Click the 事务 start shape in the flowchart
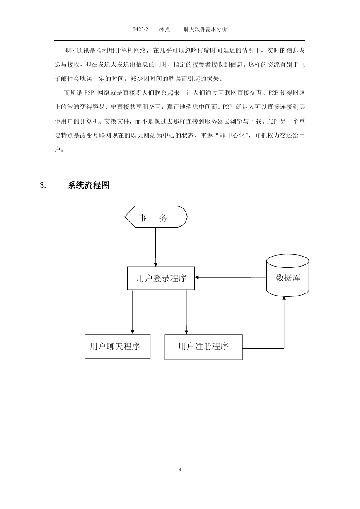click(x=156, y=217)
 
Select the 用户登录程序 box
click(x=161, y=278)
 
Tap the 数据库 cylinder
click(x=288, y=275)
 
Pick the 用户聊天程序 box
click(x=117, y=346)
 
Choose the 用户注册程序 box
click(x=203, y=347)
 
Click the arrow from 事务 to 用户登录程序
click(x=156, y=247)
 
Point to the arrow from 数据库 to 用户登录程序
click(x=230, y=277)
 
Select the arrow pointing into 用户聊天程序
click(x=133, y=312)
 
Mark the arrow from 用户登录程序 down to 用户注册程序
click(x=186, y=312)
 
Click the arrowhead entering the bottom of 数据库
click(x=284, y=298)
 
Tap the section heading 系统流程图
click(x=88, y=185)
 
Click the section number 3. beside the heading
click(x=43, y=185)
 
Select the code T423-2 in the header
click(x=140, y=29)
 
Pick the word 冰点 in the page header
click(x=164, y=29)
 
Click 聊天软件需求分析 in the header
click(x=205, y=29)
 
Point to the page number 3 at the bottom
click(x=180, y=470)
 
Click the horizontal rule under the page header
click(x=180, y=41)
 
